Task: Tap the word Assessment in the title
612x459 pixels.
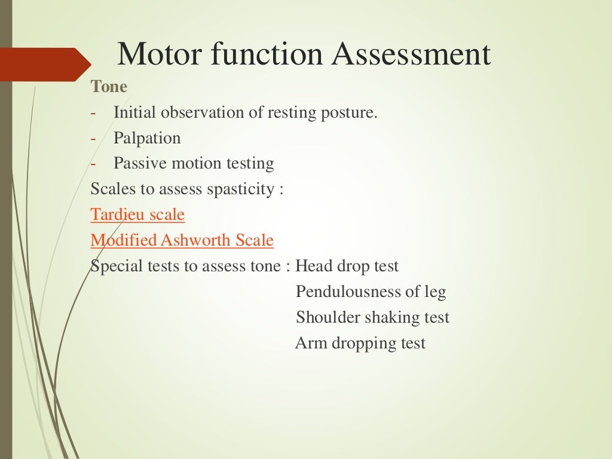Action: [x=412, y=54]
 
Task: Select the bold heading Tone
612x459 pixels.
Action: [x=109, y=87]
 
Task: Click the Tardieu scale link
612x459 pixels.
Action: [x=137, y=215]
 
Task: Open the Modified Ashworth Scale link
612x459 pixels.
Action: [x=182, y=240]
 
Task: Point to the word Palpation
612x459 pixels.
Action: [x=147, y=138]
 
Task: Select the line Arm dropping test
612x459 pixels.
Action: [x=360, y=343]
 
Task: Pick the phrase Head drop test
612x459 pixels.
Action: [x=347, y=266]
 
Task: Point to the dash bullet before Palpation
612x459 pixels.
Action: [x=93, y=138]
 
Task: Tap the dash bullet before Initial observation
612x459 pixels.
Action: [x=93, y=112]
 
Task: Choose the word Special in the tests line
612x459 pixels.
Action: [x=117, y=266]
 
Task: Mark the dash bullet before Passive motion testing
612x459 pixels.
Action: [x=93, y=163]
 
